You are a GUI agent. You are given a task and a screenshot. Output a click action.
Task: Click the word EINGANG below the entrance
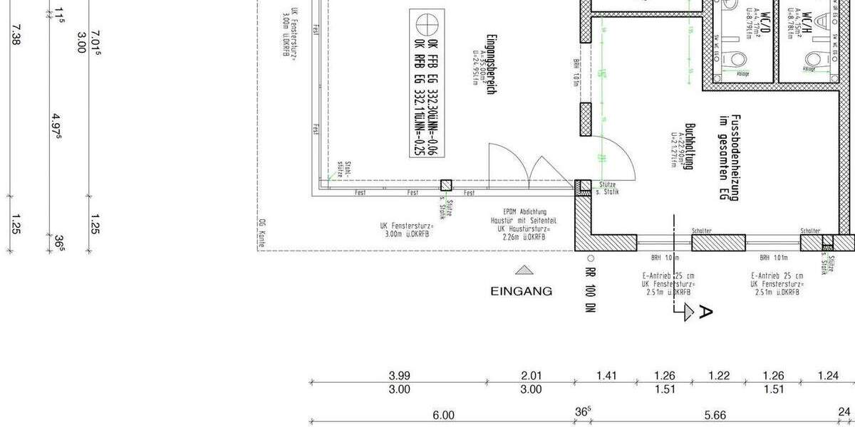pyautogui.click(x=521, y=291)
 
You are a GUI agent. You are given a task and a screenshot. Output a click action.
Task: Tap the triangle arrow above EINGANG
pyautogui.click(x=524, y=270)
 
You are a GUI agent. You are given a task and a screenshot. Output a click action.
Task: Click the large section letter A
pyautogui.click(x=705, y=311)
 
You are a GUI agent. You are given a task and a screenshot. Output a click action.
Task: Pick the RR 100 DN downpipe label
pyautogui.click(x=590, y=292)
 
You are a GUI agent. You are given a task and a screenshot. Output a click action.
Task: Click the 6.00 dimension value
pyautogui.click(x=442, y=416)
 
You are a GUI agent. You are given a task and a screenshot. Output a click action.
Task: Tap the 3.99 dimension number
pyautogui.click(x=399, y=376)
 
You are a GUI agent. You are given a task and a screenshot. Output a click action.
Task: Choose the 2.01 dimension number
pyautogui.click(x=531, y=376)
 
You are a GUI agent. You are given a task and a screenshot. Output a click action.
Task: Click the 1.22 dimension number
pyautogui.click(x=719, y=376)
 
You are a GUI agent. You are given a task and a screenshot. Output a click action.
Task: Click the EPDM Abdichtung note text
pyautogui.click(x=524, y=211)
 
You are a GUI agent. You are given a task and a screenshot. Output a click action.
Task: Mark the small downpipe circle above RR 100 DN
pyautogui.click(x=590, y=259)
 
